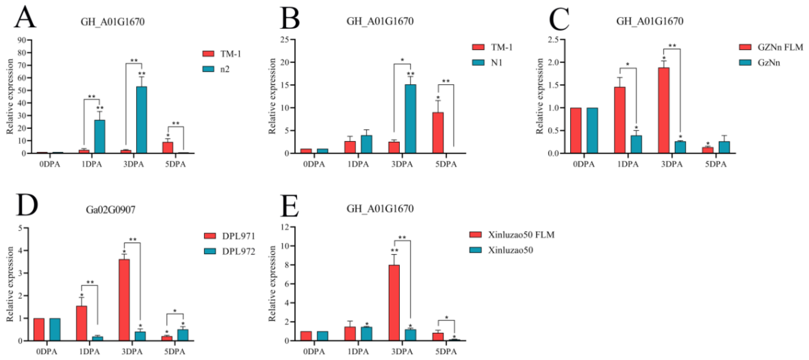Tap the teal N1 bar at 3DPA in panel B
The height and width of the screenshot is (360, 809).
pos(410,119)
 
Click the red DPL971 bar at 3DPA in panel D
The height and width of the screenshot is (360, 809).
pos(124,300)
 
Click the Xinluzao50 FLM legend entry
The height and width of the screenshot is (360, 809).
pos(512,235)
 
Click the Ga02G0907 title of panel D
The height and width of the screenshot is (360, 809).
pos(111,210)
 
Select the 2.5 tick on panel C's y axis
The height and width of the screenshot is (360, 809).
pos(553,40)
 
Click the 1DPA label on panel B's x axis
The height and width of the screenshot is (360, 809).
pos(358,164)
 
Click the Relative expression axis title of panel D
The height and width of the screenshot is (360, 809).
pos(10,284)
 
